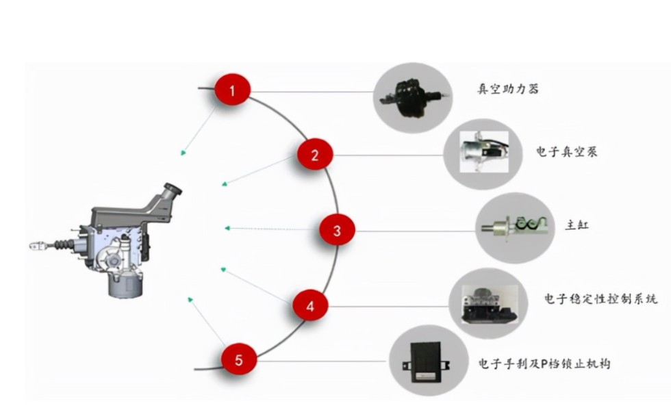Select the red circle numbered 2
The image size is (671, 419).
315,155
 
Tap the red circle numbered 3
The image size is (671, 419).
337,231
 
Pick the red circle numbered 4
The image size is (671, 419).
311,306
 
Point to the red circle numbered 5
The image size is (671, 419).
239,360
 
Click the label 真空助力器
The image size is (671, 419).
507,89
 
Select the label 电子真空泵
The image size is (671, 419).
566,151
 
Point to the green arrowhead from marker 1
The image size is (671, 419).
183,153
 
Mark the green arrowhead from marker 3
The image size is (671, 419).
227,227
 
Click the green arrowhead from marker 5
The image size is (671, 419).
190,299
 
